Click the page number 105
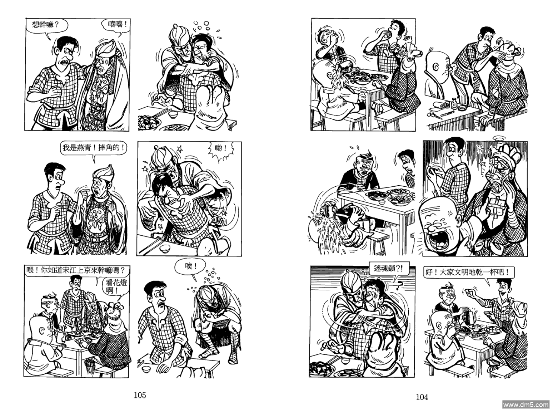pyautogui.click(x=140, y=395)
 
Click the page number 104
pyautogui.click(x=422, y=397)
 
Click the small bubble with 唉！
pyautogui.click(x=191, y=267)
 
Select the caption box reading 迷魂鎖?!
pyautogui.click(x=388, y=269)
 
